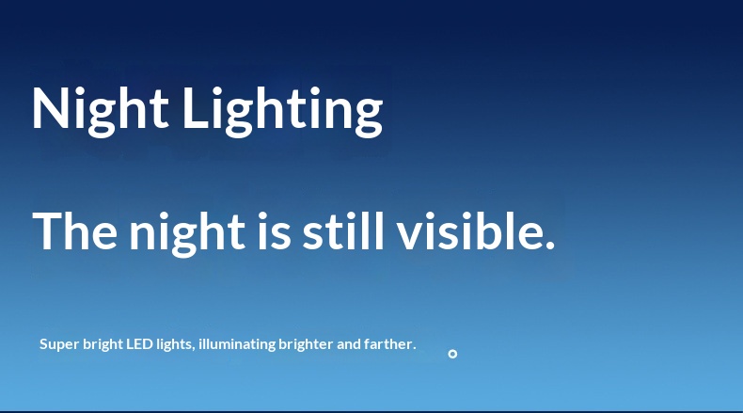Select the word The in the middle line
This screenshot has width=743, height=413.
[x=74, y=230]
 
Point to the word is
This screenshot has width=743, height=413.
[x=274, y=230]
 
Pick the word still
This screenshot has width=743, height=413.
[x=343, y=230]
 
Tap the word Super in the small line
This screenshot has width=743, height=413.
[x=59, y=344]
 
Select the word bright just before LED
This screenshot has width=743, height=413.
[x=103, y=344]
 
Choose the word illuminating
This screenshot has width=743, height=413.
[x=237, y=344]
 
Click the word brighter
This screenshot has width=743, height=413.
[x=306, y=344]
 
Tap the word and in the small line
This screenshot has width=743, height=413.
[x=349, y=343]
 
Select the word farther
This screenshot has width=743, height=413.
[x=390, y=343]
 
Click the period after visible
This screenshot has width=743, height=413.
[x=550, y=246]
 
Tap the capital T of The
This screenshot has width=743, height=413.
[x=48, y=230]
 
